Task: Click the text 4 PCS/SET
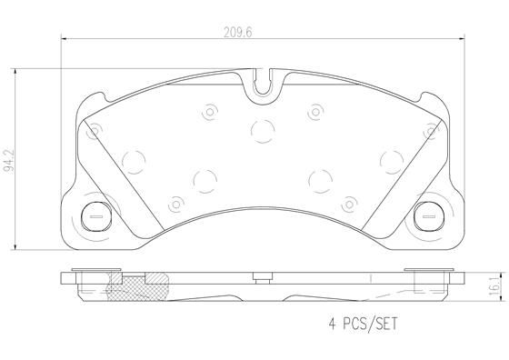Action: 364,323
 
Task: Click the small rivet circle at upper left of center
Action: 208,112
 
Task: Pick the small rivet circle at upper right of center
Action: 315,112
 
